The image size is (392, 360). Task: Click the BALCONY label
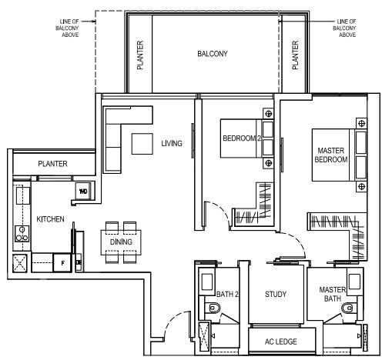(213, 54)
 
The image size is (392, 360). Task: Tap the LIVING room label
(172, 143)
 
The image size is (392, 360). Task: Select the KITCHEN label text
(50, 219)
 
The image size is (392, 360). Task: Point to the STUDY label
(276, 294)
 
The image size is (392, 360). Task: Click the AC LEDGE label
(281, 342)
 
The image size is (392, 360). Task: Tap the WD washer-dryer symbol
(83, 191)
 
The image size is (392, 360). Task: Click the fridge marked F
(62, 263)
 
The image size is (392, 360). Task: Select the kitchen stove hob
(22, 234)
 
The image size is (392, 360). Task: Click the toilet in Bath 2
(213, 308)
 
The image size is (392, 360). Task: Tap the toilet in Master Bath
(348, 308)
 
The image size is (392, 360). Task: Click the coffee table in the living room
(142, 144)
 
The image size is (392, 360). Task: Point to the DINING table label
(121, 242)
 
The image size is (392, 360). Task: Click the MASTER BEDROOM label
(331, 155)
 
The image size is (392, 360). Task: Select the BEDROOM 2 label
(242, 138)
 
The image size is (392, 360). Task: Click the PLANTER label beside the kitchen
(52, 164)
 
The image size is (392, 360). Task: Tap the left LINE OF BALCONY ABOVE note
(67, 28)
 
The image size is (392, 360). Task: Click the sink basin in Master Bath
(354, 282)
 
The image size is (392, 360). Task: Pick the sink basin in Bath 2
(207, 282)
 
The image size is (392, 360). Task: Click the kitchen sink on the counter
(23, 195)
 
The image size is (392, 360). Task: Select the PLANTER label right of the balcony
(295, 55)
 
